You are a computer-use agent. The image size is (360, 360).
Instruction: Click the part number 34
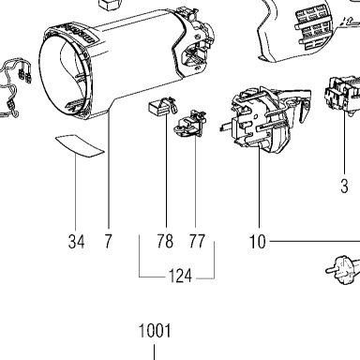pyautogui.click(x=76, y=242)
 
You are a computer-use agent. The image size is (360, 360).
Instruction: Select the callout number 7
pyautogui.click(x=108, y=241)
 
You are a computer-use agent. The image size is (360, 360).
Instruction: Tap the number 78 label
pyautogui.click(x=165, y=241)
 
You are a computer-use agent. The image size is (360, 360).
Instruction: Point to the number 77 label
pyautogui.click(x=197, y=241)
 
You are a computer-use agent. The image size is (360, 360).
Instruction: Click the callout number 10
pyautogui.click(x=257, y=242)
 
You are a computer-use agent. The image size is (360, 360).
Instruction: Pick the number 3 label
pyautogui.click(x=344, y=187)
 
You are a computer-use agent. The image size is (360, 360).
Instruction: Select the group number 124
pyautogui.click(x=180, y=276)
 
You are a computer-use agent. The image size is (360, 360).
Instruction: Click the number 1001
pyautogui.click(x=155, y=331)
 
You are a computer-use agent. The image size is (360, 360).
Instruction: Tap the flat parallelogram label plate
pyautogui.click(x=80, y=145)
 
